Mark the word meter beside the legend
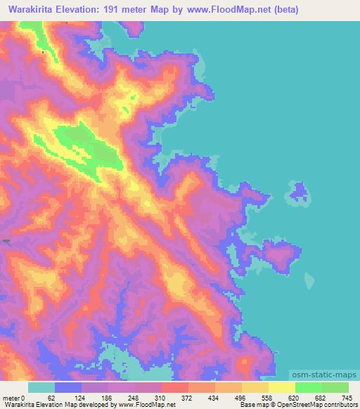(10, 397)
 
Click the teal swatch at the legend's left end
(41, 387)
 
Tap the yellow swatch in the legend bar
(281, 387)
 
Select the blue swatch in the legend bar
(68, 387)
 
